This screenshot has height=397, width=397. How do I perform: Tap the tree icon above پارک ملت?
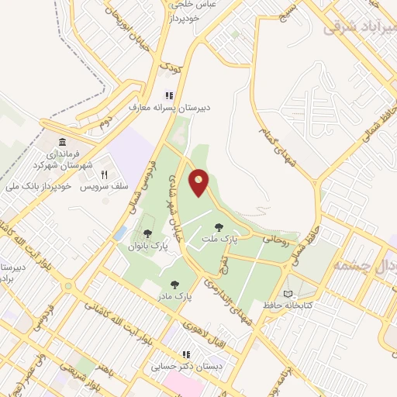point(219,227)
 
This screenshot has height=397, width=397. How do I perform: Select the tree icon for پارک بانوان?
point(147,233)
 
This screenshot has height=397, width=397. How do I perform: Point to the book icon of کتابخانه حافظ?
point(288,294)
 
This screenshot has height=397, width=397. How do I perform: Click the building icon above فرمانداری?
point(63,146)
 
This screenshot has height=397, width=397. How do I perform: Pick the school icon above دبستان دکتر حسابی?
point(186,354)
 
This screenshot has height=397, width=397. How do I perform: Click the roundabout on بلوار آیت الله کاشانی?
point(67,286)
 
